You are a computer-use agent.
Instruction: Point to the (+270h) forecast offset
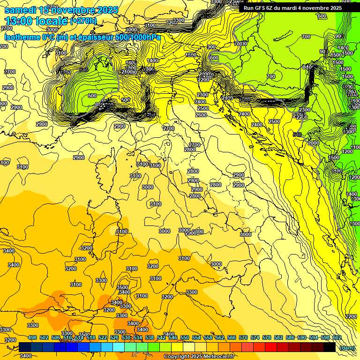click(83, 21)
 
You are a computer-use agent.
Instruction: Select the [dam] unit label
click(347, 347)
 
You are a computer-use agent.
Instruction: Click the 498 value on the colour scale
click(32, 337)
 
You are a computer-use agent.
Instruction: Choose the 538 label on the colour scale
click(150, 337)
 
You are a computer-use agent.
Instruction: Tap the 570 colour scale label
click(243, 337)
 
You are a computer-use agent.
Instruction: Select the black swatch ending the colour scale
click(330, 347)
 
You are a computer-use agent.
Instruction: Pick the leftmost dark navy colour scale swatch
click(25, 347)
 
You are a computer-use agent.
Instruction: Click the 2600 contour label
click(201, 115)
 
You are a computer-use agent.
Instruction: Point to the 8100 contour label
click(308, 67)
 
